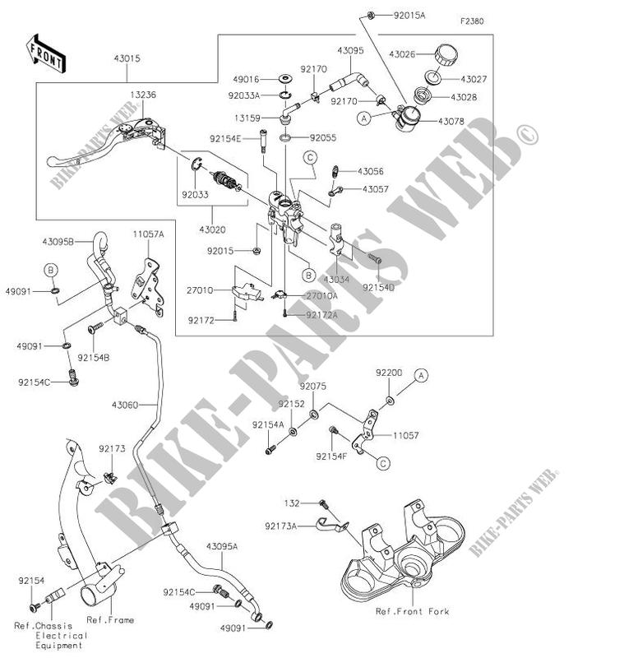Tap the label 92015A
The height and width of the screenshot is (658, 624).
[408, 16]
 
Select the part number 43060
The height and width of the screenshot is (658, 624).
[124, 405]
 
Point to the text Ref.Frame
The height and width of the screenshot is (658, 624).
[111, 619]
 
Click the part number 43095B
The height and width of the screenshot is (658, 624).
[58, 241]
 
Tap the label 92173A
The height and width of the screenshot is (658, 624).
[282, 523]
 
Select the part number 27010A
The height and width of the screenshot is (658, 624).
[322, 295]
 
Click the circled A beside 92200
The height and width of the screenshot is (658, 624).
[421, 375]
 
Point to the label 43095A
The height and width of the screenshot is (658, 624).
[222, 545]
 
